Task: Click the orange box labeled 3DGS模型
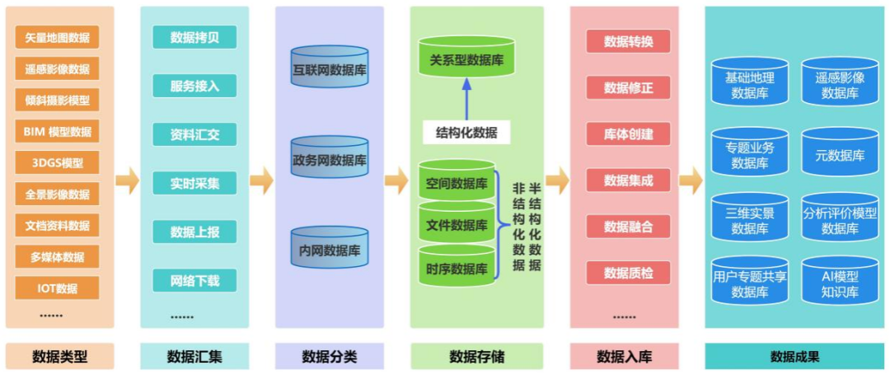pos(57,162)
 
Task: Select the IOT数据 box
pos(57,288)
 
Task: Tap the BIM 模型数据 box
pos(57,131)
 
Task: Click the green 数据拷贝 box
pos(194,37)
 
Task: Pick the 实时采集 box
pos(194,183)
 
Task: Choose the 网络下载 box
pos(194,280)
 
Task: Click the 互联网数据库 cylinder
pos(330,69)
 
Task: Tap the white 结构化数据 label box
pos(466,132)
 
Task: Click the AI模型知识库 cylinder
pos(840,283)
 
